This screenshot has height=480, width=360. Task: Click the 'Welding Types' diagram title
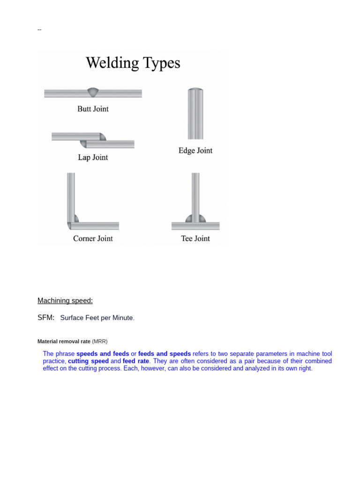click(133, 63)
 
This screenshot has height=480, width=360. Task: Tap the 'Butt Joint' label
click(93, 109)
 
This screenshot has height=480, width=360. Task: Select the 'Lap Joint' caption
click(93, 157)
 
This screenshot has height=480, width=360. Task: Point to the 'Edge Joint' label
click(195, 150)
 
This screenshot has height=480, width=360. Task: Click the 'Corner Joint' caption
click(93, 239)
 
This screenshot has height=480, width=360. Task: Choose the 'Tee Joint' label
click(195, 239)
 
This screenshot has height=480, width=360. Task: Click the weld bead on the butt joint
click(93, 92)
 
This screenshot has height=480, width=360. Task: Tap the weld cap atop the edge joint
click(195, 90)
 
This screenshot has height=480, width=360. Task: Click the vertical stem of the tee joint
click(195, 192)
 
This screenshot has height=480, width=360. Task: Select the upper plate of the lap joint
click(75, 136)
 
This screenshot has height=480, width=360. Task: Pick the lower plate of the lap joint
click(112, 144)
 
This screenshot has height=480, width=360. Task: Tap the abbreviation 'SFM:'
click(46, 317)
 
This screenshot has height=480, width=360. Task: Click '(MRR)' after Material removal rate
click(100, 342)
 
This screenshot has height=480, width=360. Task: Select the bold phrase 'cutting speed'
click(88, 361)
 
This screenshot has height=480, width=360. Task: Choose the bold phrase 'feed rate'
click(136, 361)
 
